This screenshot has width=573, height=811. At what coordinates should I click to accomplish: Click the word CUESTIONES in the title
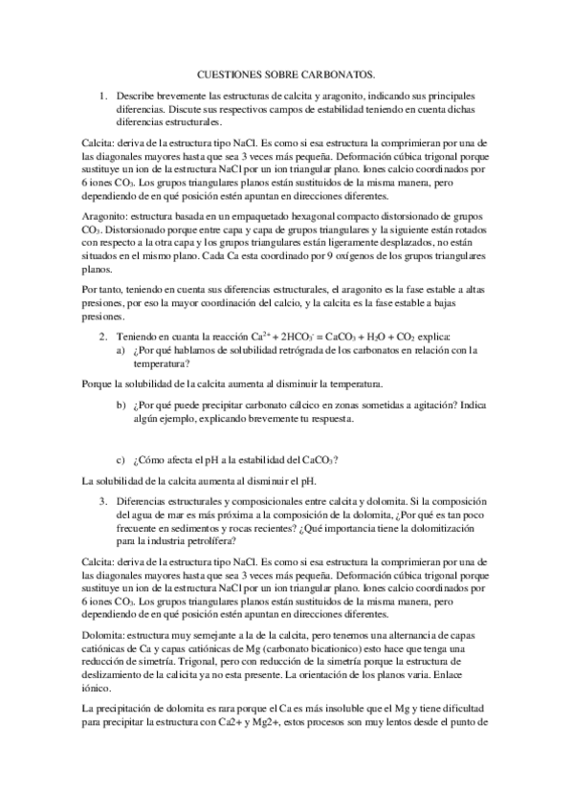click(229, 72)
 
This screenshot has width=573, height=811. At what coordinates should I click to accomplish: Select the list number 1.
click(103, 98)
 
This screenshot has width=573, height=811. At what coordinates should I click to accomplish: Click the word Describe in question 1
click(137, 98)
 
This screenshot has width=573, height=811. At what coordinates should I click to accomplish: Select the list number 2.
click(103, 338)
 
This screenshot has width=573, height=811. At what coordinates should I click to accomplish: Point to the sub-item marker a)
click(121, 351)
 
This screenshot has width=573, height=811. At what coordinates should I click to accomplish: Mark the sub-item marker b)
click(121, 405)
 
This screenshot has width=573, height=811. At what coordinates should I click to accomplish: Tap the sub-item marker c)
click(121, 457)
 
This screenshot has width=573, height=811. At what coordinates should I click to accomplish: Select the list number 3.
click(103, 500)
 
